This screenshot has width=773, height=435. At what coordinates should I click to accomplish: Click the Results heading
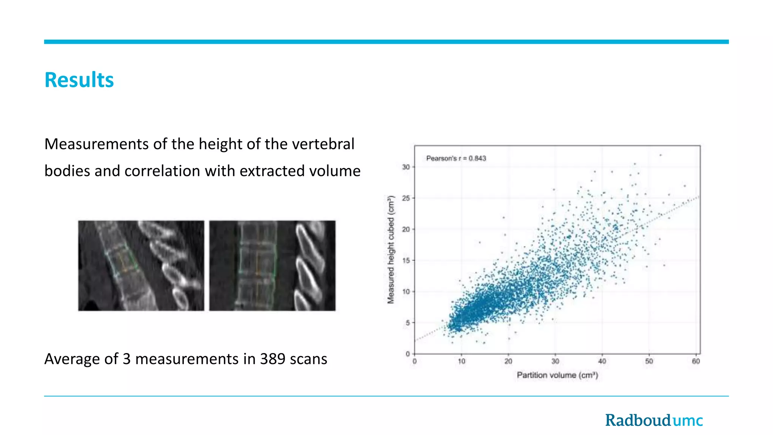(79, 80)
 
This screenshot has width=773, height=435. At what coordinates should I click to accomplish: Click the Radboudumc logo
(654, 420)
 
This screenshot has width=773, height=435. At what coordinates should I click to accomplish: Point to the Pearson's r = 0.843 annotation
(456, 158)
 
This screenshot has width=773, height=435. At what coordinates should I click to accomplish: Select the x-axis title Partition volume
(557, 375)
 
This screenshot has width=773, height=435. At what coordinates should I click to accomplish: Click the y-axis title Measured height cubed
(391, 249)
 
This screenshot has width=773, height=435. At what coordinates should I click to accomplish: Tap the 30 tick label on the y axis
(406, 167)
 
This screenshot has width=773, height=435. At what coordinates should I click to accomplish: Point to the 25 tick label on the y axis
(406, 198)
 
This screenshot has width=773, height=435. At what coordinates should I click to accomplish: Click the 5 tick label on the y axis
(408, 323)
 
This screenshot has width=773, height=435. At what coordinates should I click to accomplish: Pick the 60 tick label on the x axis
(696, 361)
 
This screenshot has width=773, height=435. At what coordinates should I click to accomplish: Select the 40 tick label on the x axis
(602, 361)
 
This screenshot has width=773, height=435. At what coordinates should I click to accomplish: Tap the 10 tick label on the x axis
(461, 361)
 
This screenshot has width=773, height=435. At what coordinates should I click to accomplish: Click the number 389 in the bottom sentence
(272, 359)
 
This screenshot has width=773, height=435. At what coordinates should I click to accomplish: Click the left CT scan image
(141, 265)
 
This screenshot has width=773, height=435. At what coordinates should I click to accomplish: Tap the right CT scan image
(272, 265)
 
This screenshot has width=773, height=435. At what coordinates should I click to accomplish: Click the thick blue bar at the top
(386, 42)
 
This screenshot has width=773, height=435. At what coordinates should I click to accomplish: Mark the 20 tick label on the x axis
(508, 361)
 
